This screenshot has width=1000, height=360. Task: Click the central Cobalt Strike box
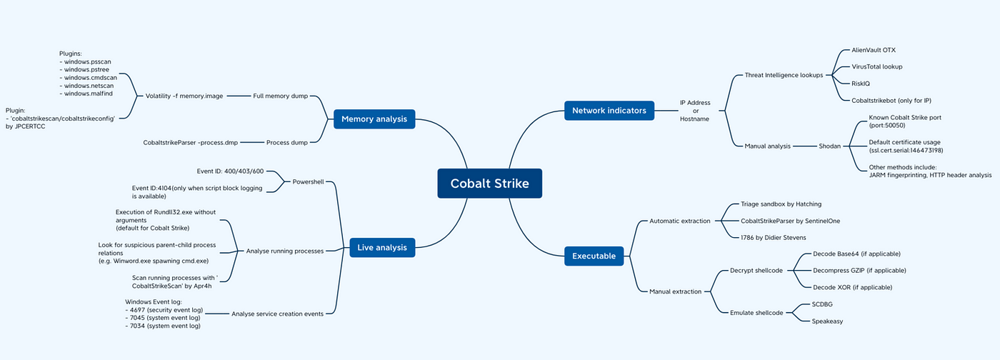490,183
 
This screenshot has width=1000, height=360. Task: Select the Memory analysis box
374,119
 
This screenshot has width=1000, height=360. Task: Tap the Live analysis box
382,247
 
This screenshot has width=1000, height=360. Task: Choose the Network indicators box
609,110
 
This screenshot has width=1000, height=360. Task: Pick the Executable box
594,256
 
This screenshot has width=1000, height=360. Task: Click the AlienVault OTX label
873,50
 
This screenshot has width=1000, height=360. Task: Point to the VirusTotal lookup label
877,66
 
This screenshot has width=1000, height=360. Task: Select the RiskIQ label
860,84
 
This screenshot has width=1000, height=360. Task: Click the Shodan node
829,146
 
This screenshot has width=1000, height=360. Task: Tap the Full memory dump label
280,96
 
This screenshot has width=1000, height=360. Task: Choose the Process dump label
287,142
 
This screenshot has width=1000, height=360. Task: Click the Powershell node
308,182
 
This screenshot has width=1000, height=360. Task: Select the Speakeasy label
827,321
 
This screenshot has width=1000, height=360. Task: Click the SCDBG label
822,304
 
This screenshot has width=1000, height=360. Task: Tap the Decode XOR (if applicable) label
852,287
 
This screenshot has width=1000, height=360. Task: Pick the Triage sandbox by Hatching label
781,204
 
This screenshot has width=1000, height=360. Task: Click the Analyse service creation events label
277,314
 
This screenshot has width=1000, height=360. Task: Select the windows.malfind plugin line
86,94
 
